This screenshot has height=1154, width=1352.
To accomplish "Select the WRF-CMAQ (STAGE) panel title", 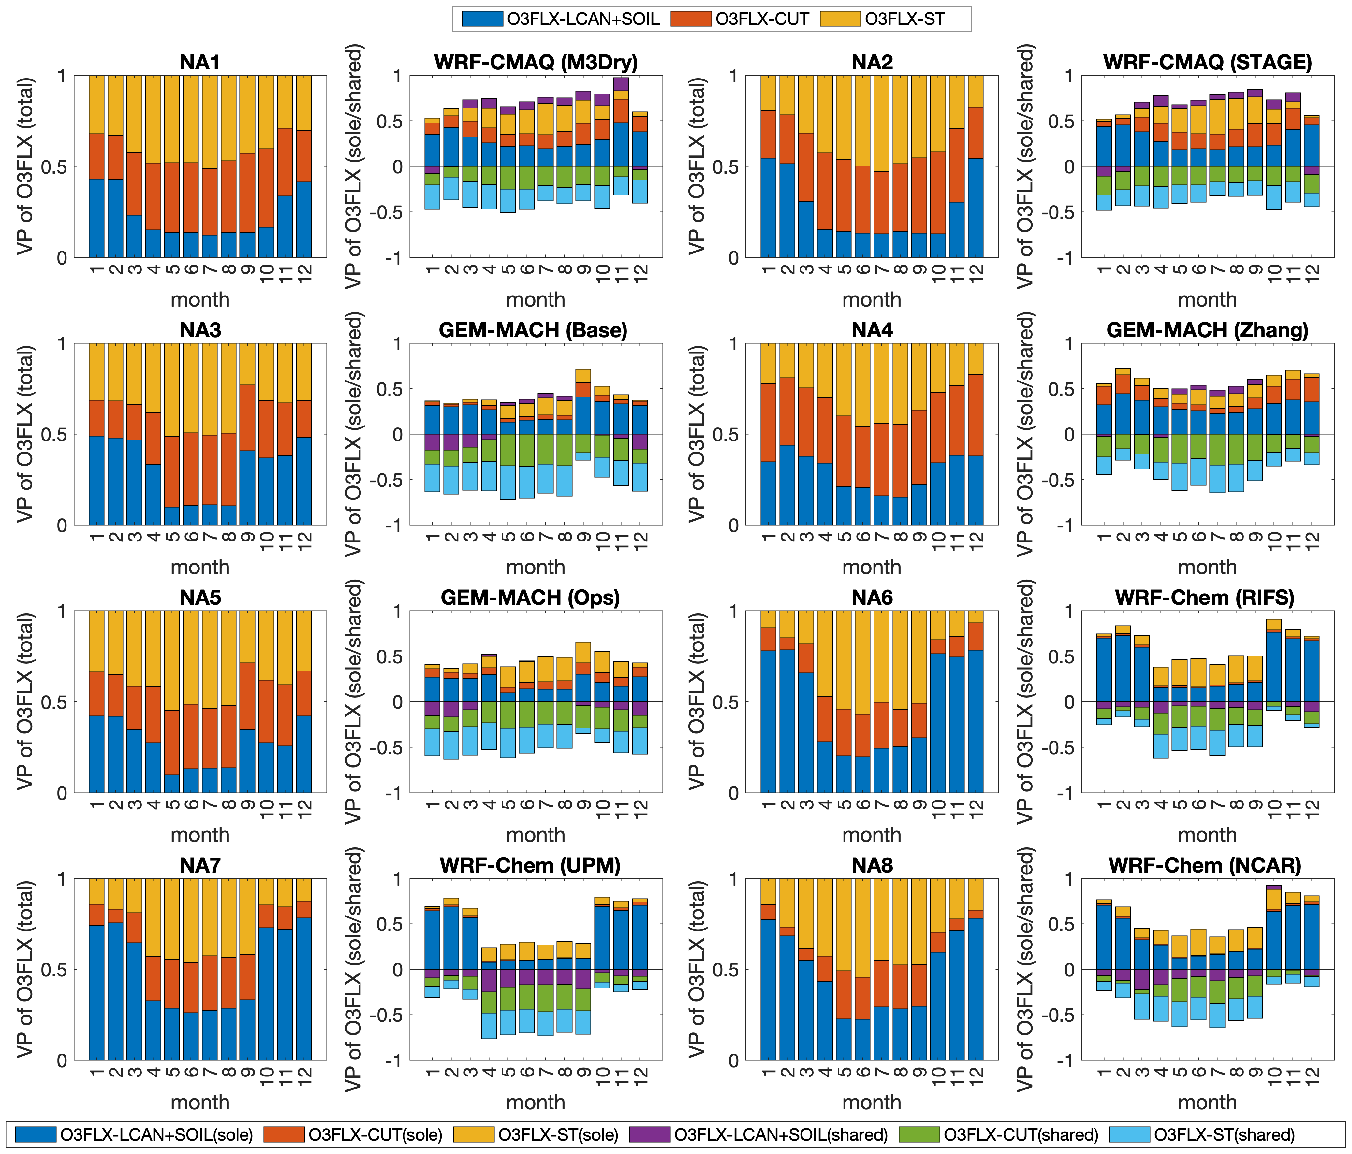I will (x=1207, y=63).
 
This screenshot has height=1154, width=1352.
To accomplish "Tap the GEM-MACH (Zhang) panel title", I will (x=1207, y=330).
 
